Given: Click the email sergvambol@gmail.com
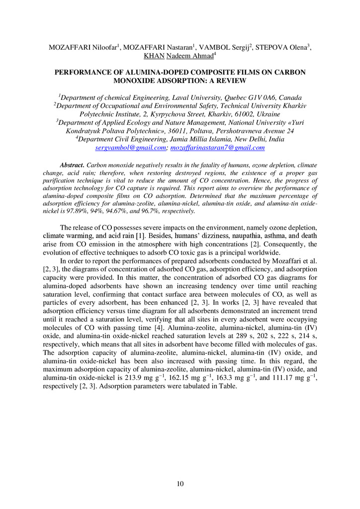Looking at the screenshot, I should pos(129,148).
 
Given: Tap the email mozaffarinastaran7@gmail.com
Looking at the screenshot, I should pos(217,148).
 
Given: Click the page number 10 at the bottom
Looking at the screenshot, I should pos(180,484).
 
